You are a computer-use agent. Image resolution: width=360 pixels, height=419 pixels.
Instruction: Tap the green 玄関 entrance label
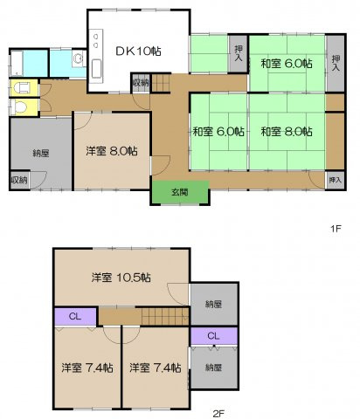coord(179,191)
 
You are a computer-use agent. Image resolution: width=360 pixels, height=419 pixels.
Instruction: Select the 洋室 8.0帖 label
coord(110,151)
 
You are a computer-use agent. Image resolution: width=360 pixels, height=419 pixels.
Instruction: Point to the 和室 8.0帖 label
coord(287,131)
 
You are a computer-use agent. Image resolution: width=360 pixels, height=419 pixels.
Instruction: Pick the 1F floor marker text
coord(336,229)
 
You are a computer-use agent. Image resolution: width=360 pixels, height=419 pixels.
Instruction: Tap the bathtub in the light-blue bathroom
coord(22,61)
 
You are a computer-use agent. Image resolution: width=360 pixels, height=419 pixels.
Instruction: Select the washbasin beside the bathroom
coord(78,60)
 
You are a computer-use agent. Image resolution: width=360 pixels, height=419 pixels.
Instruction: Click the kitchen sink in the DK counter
coord(94,44)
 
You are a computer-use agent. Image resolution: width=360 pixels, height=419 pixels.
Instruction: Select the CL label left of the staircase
coord(75,316)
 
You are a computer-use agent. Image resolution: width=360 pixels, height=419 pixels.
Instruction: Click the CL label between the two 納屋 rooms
coord(213,335)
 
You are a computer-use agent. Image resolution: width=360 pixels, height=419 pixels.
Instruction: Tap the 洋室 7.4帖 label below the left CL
coord(87,367)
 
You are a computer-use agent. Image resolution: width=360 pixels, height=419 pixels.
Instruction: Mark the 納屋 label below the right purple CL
coord(213,367)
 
